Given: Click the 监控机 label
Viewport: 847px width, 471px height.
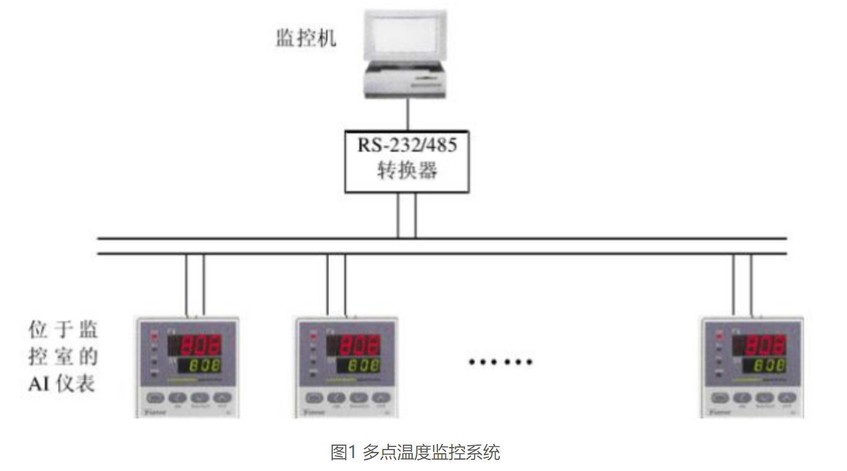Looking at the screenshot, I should [305, 39].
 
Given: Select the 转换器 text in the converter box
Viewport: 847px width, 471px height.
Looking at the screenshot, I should [407, 170].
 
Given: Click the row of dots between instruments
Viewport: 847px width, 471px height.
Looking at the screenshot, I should [501, 362].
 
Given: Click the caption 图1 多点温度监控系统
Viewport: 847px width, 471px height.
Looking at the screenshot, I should [415, 453].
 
